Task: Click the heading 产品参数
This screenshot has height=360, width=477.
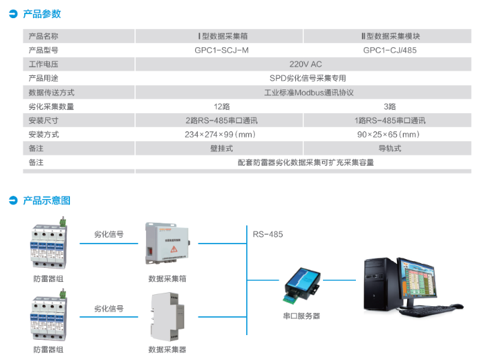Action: click(42, 14)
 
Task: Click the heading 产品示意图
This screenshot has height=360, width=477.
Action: click(47, 201)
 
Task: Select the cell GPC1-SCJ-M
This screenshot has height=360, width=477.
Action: click(221, 50)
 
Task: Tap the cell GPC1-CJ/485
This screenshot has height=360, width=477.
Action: click(390, 50)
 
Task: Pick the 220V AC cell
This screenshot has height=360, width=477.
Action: click(305, 64)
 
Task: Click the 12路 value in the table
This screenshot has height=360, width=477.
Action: click(221, 106)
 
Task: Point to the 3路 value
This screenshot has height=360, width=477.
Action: click(390, 106)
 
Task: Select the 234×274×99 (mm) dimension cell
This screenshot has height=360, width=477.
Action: click(220, 135)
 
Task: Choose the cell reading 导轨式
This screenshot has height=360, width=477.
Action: click(390, 149)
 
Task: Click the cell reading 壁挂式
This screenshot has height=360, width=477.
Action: click(221, 149)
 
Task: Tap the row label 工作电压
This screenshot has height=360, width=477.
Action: click(43, 64)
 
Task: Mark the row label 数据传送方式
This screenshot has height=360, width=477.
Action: click(51, 92)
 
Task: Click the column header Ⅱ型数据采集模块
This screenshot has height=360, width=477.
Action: click(391, 36)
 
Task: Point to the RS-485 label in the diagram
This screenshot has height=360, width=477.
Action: click(268, 234)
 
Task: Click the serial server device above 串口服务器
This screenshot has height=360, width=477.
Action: click(302, 285)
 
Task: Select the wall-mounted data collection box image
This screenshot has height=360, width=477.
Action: click(168, 243)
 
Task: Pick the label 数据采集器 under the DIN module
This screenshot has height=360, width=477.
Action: click(167, 350)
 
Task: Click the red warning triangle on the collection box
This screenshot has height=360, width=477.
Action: click(174, 250)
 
